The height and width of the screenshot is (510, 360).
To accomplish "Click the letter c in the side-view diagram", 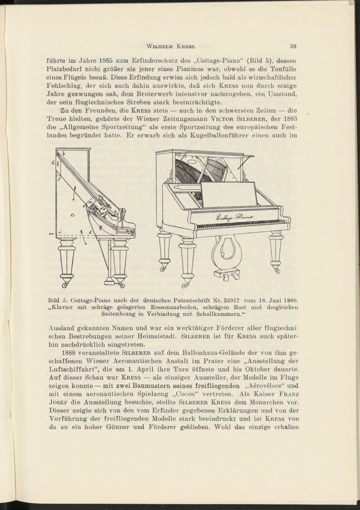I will point(72,215).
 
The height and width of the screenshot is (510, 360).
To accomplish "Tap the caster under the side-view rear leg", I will point(66,285).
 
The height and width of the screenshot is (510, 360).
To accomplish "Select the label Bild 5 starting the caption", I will point(58,300).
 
